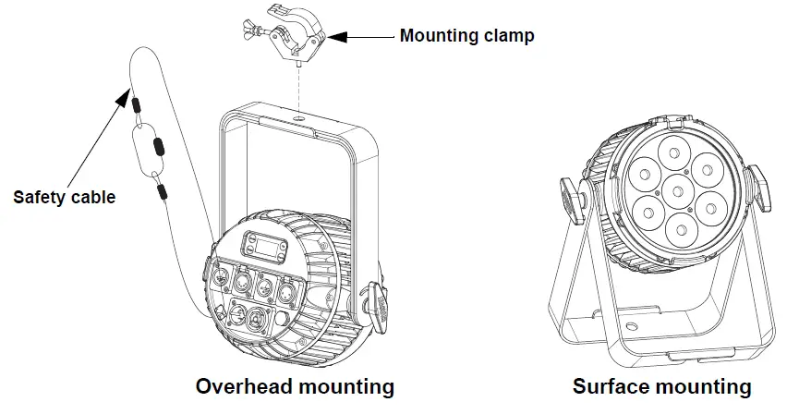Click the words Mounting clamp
(466, 37)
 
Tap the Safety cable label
(64, 196)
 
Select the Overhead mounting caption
(295, 385)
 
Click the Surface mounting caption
(661, 385)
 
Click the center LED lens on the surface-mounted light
(678, 190)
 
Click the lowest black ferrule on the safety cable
(163, 192)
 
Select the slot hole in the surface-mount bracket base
(631, 327)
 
